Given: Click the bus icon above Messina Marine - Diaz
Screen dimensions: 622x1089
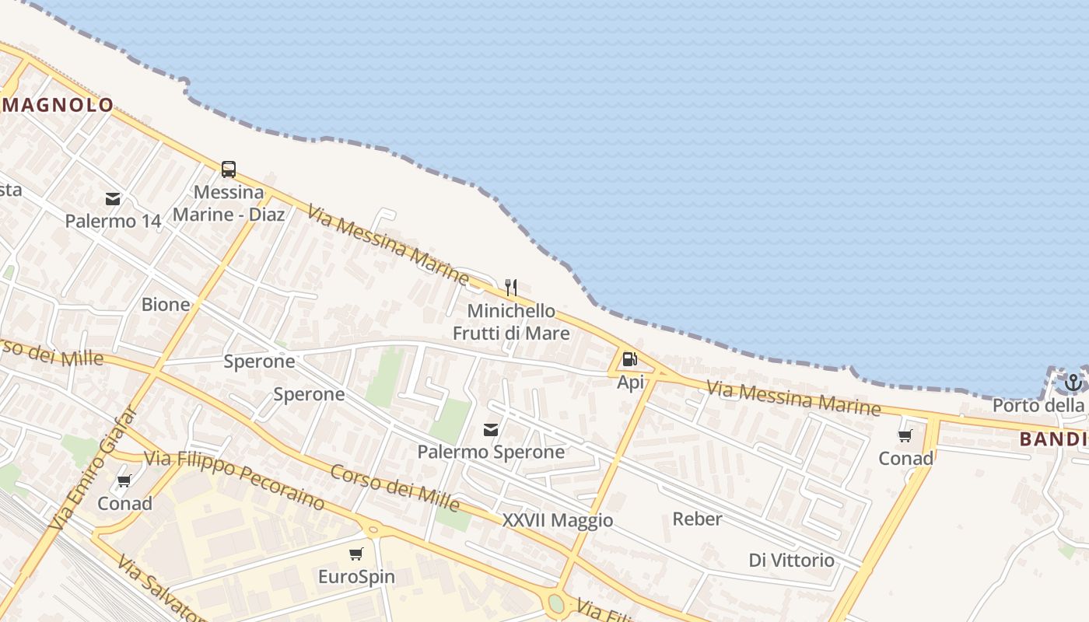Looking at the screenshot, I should [x=229, y=169].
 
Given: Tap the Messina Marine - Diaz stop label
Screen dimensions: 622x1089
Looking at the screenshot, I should [x=229, y=203].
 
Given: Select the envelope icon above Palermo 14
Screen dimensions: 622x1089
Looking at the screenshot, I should [x=113, y=199].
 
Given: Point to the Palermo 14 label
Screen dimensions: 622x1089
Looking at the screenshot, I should [x=113, y=221].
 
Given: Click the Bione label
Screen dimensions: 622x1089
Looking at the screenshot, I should [x=166, y=304].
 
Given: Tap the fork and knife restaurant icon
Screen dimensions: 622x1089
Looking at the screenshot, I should [x=511, y=288].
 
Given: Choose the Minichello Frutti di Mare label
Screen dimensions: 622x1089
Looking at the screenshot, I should [x=511, y=322].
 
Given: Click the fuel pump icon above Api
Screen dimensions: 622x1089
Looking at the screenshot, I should [x=630, y=359].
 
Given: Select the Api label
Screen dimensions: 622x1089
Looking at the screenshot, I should [x=630, y=382].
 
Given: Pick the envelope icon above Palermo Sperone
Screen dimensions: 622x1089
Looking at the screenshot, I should [x=491, y=429].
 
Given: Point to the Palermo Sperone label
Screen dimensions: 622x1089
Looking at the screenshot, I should [x=491, y=452].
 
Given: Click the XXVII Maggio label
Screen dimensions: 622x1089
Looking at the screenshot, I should [x=558, y=520].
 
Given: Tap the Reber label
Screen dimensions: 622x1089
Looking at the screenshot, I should [x=697, y=519].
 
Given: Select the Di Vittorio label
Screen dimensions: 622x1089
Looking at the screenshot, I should [x=791, y=560].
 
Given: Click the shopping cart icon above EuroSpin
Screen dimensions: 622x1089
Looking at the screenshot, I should [x=356, y=554].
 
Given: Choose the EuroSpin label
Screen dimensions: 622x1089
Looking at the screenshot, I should [x=356, y=577].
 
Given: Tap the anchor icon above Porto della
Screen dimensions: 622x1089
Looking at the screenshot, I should [x=1073, y=382].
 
